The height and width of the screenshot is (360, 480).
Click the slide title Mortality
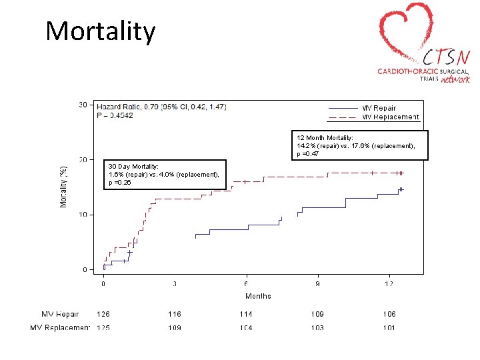pos(101,31)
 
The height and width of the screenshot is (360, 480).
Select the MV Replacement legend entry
pos(390,117)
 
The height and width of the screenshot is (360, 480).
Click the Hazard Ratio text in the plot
pos(161,107)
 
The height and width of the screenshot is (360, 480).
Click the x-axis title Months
pos(258,296)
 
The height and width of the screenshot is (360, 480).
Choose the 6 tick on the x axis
pos(246,284)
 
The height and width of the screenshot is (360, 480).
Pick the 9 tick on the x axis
pos(317,284)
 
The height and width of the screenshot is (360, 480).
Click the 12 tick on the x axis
pos(389,284)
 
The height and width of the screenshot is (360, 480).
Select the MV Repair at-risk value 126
pos(103,314)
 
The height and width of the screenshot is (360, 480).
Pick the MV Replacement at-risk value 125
pos(103,327)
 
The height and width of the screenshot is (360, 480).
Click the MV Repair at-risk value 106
pos(389,314)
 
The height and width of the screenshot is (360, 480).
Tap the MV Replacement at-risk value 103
pos(317,327)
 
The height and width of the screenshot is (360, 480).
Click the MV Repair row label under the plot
pos(60,314)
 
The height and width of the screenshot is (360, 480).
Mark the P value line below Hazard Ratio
pos(115,116)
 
